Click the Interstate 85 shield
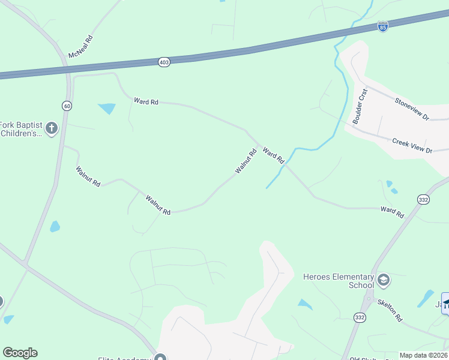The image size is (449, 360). click(x=383, y=26)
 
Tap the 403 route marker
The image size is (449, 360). click(x=164, y=62)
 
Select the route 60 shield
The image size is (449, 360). click(x=67, y=106)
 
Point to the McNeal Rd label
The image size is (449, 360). click(x=81, y=46)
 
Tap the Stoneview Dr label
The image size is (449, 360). click(x=412, y=109)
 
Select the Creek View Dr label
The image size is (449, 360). click(x=412, y=146)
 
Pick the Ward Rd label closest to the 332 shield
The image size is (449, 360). click(x=392, y=211)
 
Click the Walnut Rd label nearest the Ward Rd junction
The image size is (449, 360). click(x=246, y=161)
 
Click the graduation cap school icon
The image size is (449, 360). click(x=384, y=280)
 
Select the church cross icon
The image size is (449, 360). click(x=52, y=128)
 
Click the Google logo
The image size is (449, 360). click(x=20, y=353)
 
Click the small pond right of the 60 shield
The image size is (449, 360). click(x=107, y=109)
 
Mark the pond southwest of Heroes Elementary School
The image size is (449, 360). click(x=306, y=305)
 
